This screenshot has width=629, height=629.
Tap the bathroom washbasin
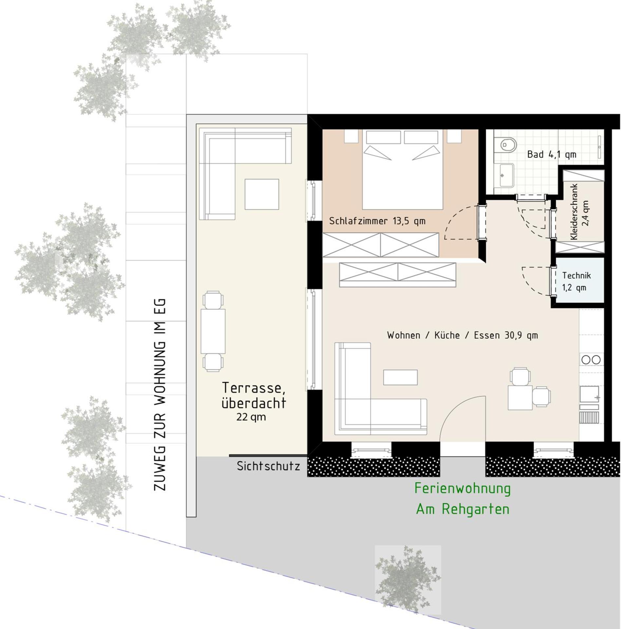tap(506, 176)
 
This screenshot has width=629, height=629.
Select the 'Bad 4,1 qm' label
tap(551, 154)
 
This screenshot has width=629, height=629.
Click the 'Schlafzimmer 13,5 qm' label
tap(377, 221)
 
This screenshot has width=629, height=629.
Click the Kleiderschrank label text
tap(574, 212)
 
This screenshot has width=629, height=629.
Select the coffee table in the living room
tap(400, 377)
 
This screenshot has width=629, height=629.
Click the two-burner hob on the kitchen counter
tap(591, 360)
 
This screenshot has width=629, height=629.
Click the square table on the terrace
tap(262, 194)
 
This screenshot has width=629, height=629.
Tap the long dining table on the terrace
tap(213, 331)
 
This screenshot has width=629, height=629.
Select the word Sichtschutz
tap(268, 466)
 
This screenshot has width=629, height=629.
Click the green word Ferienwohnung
tap(462, 488)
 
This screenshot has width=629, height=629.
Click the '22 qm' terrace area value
tap(251, 417)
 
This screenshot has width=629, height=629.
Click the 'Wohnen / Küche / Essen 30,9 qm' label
tap(462, 335)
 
